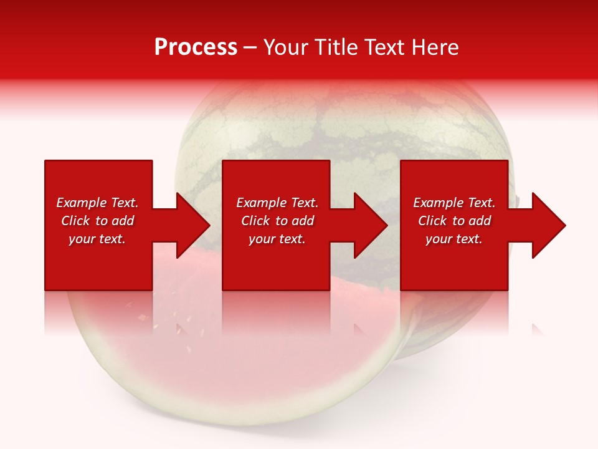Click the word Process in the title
[196, 47]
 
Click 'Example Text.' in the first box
[97, 203]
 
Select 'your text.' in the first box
[97, 239]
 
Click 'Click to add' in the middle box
[277, 221]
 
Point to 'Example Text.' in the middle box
[277, 203]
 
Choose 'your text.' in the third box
[454, 239]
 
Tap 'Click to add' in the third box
[454, 221]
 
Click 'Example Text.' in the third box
[454, 203]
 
